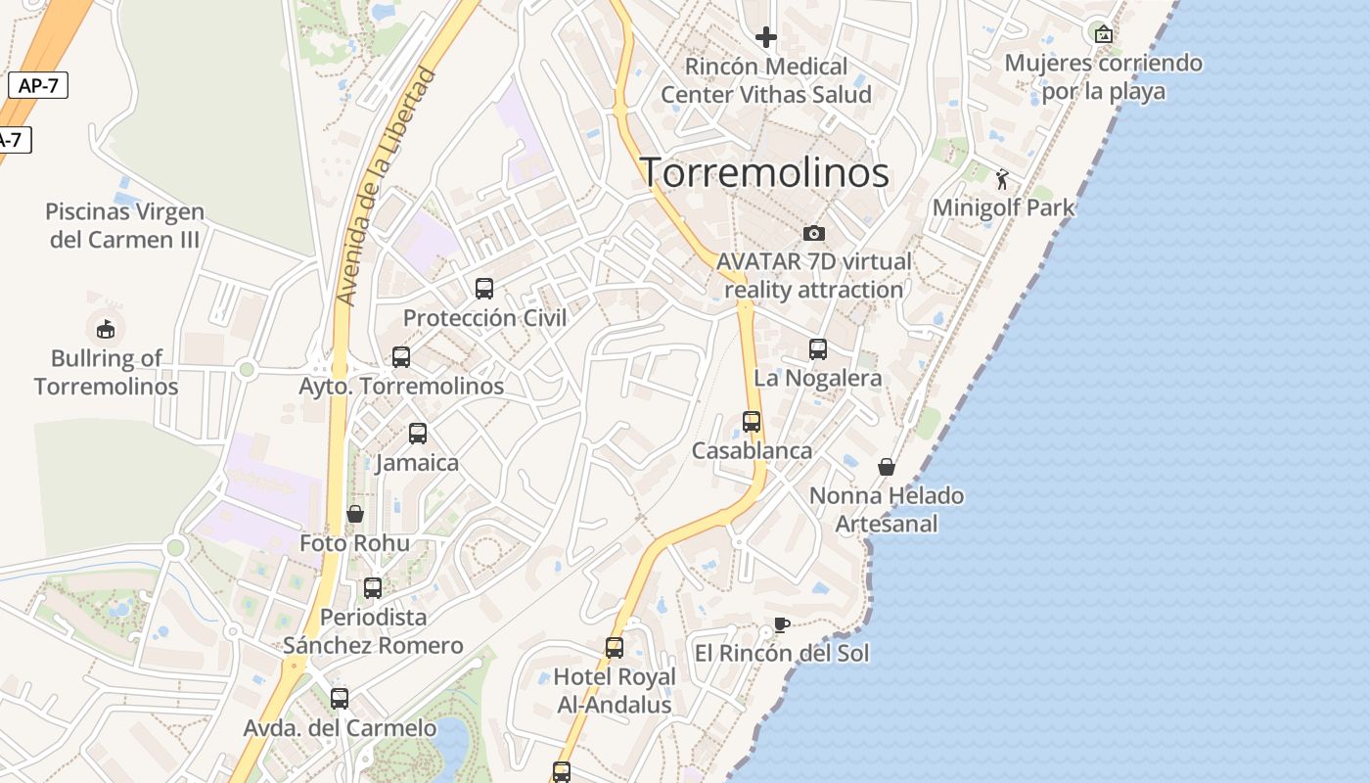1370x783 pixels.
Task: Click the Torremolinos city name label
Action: pyautogui.click(x=764, y=172)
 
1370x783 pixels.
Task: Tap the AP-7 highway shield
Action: pyautogui.click(x=38, y=85)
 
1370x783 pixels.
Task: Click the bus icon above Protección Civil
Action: pyautogui.click(x=484, y=288)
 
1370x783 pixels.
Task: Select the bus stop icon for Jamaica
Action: pyautogui.click(x=418, y=433)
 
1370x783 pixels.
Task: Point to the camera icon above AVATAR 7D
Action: pyautogui.click(x=813, y=233)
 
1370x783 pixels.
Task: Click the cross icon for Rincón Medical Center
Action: pyautogui.click(x=766, y=37)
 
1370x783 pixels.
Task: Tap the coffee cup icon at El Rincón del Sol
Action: pyautogui.click(x=781, y=624)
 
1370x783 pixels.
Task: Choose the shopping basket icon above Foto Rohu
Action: pyautogui.click(x=355, y=514)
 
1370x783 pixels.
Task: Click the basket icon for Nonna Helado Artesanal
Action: pyautogui.click(x=887, y=467)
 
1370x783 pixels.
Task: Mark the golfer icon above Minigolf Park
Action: pyautogui.click(x=1002, y=179)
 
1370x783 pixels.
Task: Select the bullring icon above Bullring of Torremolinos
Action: pyautogui.click(x=106, y=329)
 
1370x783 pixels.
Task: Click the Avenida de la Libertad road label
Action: pyautogui.click(x=385, y=186)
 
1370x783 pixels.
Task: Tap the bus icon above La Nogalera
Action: pyautogui.click(x=818, y=348)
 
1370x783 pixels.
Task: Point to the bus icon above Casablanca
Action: pyautogui.click(x=752, y=422)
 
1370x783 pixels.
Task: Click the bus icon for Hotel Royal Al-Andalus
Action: pyautogui.click(x=615, y=648)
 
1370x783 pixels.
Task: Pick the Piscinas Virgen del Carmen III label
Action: pyautogui.click(x=124, y=225)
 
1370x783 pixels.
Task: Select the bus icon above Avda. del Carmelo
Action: pyautogui.click(x=340, y=699)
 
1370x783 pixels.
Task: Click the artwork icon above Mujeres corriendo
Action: pyautogui.click(x=1104, y=34)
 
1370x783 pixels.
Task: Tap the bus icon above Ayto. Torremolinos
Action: pyautogui.click(x=401, y=357)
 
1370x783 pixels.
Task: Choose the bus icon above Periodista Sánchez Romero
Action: pyautogui.click(x=373, y=588)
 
